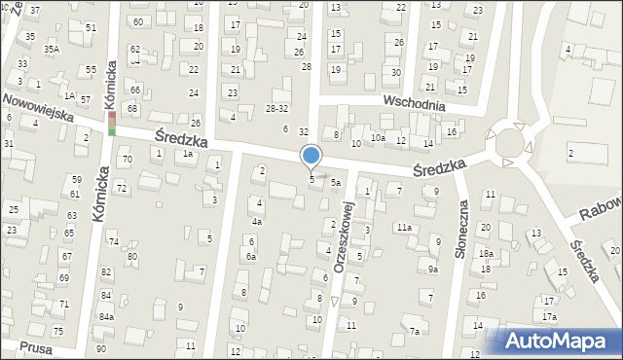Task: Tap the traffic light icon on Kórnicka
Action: pyautogui.click(x=112, y=124)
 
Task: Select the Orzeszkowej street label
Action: pyautogui.click(x=342, y=237)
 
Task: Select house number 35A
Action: pyautogui.click(x=51, y=49)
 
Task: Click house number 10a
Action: pyautogui.click(x=378, y=139)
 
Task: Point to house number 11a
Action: pyautogui.click(x=403, y=227)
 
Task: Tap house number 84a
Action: pyautogui.click(x=106, y=317)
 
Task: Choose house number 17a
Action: pyautogui.click(x=550, y=317)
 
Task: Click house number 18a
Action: pyautogui.click(x=485, y=254)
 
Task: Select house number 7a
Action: pyautogui.click(x=414, y=332)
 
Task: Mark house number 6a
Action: pyautogui.click(x=250, y=256)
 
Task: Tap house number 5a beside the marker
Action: pyautogui.click(x=335, y=182)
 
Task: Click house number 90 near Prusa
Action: pyautogui.click(x=101, y=347)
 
